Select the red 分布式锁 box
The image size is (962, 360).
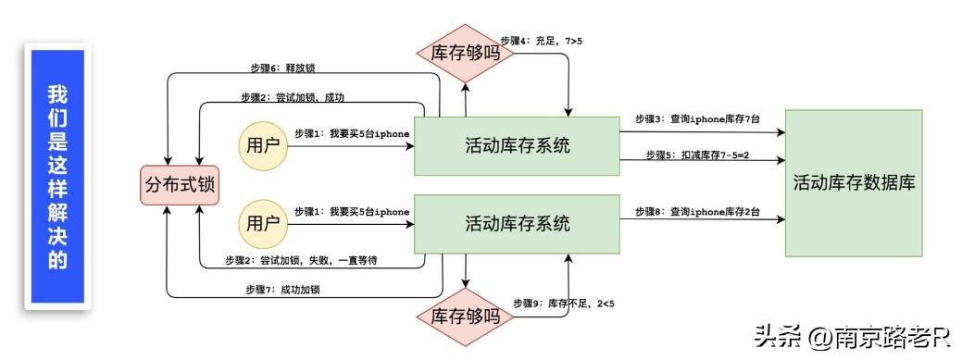click(179, 184)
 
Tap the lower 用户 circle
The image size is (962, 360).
click(262, 223)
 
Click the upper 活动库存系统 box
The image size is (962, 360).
click(517, 145)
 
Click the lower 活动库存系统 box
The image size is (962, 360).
click(517, 223)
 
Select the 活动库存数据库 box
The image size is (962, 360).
click(854, 182)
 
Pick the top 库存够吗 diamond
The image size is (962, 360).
click(466, 53)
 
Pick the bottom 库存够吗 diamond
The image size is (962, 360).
click(466, 316)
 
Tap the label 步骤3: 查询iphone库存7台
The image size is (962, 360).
click(697, 119)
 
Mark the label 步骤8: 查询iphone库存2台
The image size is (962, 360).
click(697, 212)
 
